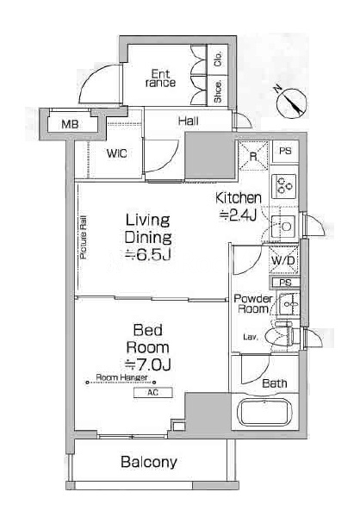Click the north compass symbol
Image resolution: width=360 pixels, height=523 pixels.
[291, 103]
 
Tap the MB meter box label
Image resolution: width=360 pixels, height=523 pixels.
[70, 124]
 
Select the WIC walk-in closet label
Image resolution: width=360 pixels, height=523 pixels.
[116, 153]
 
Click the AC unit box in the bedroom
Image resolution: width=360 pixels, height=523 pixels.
[153, 393]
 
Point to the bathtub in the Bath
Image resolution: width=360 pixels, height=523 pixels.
[264, 412]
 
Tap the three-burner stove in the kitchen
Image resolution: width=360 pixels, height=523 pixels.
[283, 185]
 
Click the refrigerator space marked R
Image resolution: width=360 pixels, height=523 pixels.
[253, 156]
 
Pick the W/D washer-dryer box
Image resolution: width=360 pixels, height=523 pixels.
[283, 260]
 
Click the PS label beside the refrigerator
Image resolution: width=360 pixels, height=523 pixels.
[285, 151]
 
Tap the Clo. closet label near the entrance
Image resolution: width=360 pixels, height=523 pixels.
[218, 59]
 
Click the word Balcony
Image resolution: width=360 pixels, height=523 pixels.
[149, 463]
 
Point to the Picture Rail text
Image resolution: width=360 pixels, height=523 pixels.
[83, 237]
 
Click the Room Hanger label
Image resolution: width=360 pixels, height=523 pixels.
[121, 377]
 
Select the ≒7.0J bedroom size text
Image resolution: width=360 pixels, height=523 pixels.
[147, 365]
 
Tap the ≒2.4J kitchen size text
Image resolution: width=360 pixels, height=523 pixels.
[238, 215]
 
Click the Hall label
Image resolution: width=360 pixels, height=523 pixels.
[189, 121]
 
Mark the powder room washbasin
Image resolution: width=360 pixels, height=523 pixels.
[289, 304]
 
